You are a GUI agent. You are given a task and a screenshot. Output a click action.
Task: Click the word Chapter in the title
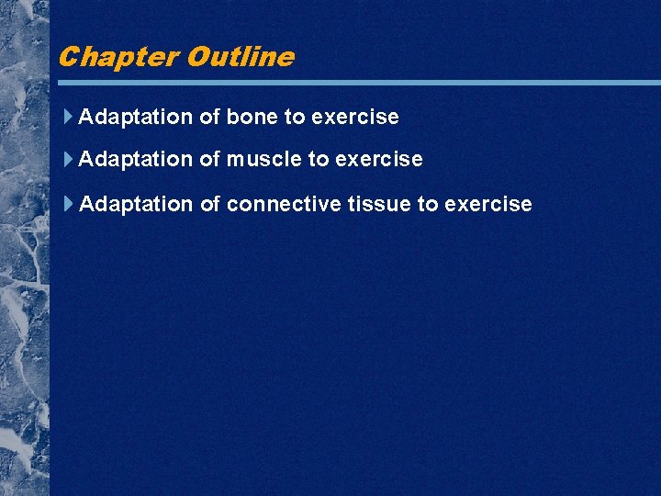click(x=118, y=57)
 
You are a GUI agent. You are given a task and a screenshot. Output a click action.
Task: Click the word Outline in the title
click(x=240, y=57)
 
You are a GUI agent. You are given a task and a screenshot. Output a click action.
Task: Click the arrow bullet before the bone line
click(x=70, y=117)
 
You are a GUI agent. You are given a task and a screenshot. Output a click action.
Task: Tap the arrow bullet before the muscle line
click(x=70, y=159)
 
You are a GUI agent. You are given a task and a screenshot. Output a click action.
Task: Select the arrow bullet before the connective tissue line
click(x=70, y=203)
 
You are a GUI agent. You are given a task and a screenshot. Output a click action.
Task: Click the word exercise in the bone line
click(x=355, y=118)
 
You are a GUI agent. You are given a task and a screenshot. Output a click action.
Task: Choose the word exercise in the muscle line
click(x=379, y=160)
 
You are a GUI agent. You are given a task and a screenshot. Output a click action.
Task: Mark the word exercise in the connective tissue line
click(x=488, y=204)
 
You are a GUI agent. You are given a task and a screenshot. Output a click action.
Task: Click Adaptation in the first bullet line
click(x=136, y=118)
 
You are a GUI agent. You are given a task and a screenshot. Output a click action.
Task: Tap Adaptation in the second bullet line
click(x=136, y=160)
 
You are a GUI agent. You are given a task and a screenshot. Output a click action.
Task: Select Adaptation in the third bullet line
click(x=136, y=204)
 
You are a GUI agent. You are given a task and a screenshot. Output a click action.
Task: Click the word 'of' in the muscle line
click(x=210, y=160)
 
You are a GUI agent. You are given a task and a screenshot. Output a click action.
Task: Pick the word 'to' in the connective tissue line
click(x=428, y=204)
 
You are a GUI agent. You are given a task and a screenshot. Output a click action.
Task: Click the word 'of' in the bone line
click(x=210, y=118)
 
